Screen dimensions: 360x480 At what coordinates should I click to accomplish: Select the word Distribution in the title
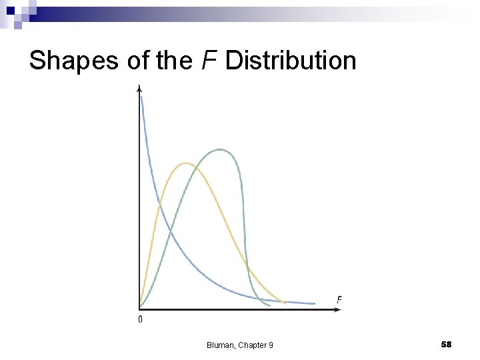291,60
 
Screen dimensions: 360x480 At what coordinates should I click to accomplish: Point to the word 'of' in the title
139,60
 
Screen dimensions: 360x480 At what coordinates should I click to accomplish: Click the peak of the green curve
221,149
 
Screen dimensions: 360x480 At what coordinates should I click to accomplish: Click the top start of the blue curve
141,97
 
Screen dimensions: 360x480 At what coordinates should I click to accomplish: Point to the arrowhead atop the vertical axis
139,87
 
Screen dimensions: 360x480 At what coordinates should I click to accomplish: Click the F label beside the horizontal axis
339,299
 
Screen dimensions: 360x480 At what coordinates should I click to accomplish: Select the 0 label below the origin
140,320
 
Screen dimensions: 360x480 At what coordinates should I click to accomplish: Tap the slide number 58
446,344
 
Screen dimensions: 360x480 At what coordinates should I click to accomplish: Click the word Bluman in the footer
219,345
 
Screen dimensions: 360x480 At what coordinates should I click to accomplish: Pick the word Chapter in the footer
251,345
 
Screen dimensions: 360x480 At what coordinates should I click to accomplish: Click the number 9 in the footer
271,345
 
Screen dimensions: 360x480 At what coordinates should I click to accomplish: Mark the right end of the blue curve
314,303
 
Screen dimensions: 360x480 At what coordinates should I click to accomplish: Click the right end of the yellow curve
285,303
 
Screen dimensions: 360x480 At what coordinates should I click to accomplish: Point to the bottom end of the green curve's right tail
269,306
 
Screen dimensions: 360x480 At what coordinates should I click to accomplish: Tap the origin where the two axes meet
139,309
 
